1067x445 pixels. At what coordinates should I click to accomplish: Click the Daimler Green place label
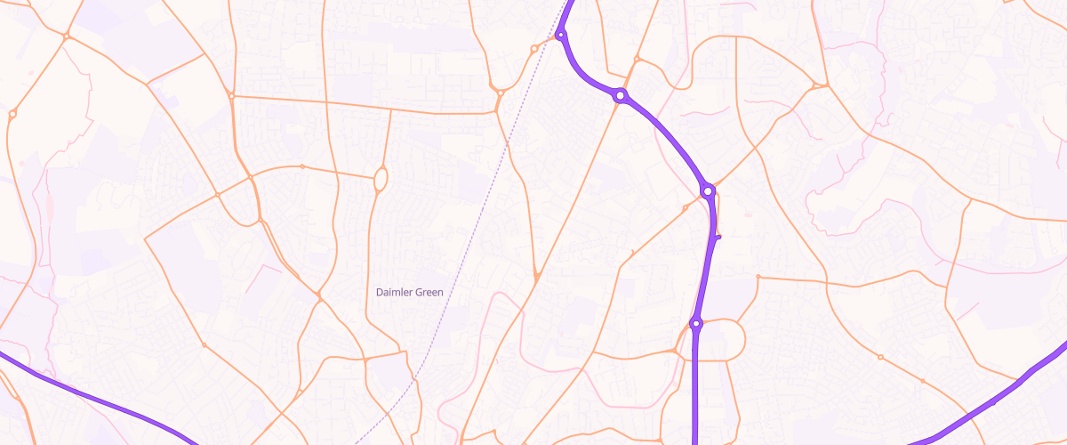pos(409,292)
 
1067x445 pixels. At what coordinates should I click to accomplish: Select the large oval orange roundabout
pos(381,179)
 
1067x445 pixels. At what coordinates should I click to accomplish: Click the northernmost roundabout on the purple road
pos(560,36)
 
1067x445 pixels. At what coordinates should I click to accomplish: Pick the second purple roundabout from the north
pos(620,94)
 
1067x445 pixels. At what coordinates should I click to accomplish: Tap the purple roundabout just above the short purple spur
pos(708,190)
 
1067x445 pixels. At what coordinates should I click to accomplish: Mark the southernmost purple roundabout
pos(696,324)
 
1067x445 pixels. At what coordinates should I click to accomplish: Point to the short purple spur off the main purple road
pos(717,237)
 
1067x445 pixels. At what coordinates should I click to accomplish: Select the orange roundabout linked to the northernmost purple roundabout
pos(533,48)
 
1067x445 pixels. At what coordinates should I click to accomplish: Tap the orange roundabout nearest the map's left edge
pos(12,114)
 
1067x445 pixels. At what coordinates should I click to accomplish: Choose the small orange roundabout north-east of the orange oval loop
pos(758,277)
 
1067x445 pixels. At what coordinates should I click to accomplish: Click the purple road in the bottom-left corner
pos(89,394)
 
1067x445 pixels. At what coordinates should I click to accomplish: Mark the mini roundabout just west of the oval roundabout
pos(302,166)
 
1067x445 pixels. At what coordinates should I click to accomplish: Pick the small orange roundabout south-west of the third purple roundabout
pos(685,208)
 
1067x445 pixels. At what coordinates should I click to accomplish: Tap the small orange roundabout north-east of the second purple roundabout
pos(637,60)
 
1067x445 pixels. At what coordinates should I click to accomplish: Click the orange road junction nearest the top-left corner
pos(67,36)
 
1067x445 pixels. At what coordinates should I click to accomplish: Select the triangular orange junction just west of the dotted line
pos(500,93)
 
